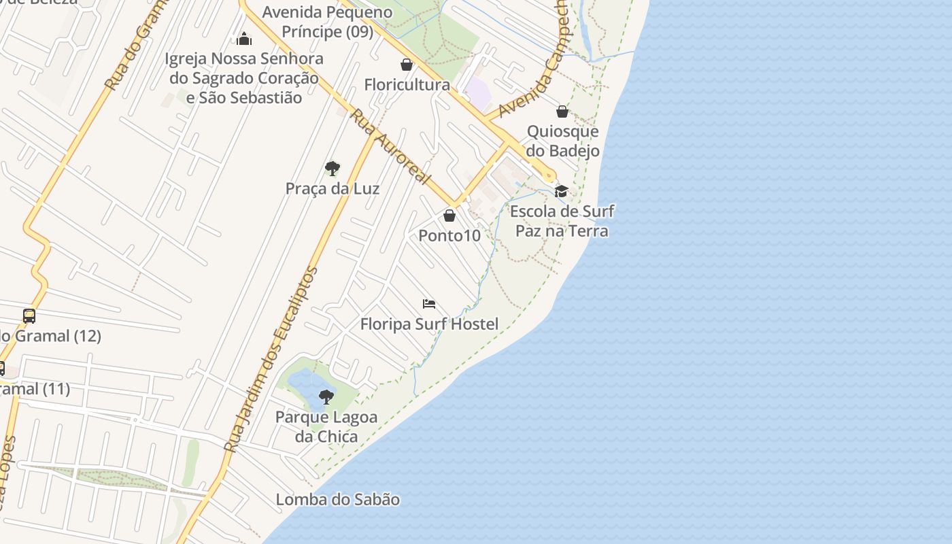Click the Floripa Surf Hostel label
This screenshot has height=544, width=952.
[429, 324]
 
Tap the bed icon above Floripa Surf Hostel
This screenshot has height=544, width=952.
[429, 304]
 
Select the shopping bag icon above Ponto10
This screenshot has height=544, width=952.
[449, 216]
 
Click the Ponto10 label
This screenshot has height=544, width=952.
[449, 236]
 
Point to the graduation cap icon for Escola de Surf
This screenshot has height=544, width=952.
[561, 191]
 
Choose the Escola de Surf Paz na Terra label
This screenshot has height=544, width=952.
[562, 221]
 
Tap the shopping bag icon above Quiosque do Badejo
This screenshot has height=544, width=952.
[562, 112]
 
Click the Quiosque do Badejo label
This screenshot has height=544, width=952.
[563, 141]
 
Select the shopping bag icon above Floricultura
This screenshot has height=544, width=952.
[407, 65]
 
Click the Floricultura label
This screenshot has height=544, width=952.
[407, 85]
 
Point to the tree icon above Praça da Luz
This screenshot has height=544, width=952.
[333, 168]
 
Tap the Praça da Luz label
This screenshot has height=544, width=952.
[333, 188]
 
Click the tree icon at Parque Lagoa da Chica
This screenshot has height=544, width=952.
[326, 397]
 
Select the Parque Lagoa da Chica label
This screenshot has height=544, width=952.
[326, 426]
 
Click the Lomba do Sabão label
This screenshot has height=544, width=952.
[338, 500]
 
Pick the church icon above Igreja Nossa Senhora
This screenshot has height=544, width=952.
[244, 39]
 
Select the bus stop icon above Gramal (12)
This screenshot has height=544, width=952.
[29, 316]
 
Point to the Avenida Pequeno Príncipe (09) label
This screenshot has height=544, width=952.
[328, 22]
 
